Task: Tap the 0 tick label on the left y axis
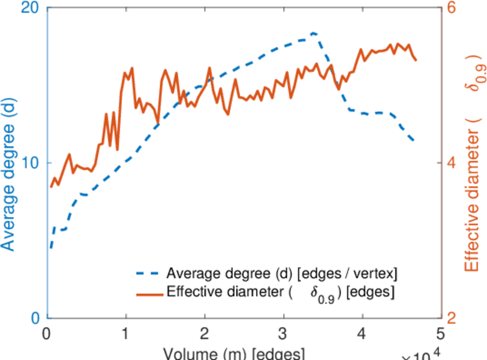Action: (x=34, y=317)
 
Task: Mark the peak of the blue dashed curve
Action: (x=314, y=33)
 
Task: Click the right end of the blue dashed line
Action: (x=414, y=140)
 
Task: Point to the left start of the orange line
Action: (x=51, y=187)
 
